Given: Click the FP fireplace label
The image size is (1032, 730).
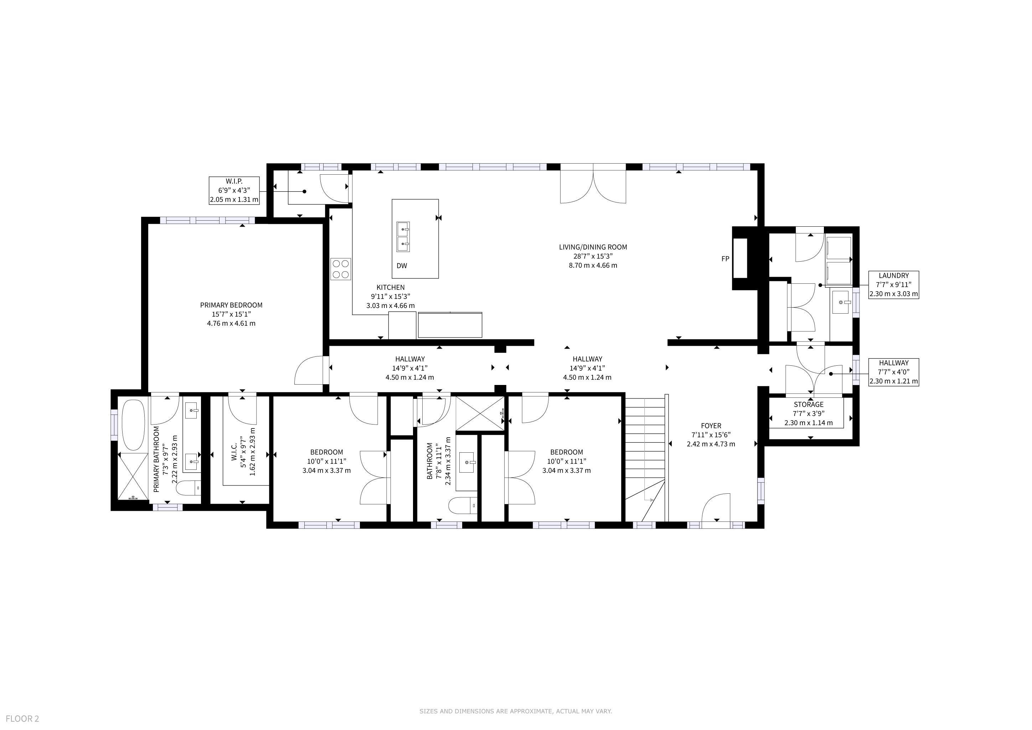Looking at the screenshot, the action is tap(725, 259).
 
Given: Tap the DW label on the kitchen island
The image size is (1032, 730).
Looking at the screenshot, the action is tap(402, 266).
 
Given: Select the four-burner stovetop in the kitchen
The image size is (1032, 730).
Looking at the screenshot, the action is tap(341, 269).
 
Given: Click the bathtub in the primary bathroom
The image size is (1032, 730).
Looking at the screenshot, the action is tap(134, 425).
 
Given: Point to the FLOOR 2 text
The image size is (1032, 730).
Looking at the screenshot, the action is tap(22, 719).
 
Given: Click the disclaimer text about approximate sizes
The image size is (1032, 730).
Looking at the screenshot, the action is tap(516, 711).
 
